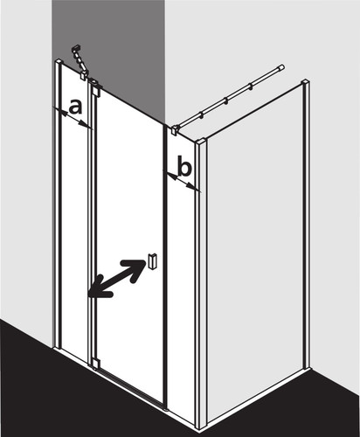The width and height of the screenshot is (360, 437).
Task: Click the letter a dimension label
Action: tap(76, 107)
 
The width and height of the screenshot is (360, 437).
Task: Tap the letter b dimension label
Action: tap(184, 167)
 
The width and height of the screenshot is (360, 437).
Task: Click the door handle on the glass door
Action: tap(153, 261)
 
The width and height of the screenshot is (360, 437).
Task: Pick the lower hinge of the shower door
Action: tap(95, 363)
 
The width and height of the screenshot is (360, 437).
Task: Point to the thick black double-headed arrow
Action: tap(117, 279)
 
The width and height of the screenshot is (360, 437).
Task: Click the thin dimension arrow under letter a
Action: tap(73, 118)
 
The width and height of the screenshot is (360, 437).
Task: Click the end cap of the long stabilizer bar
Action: tap(281, 67)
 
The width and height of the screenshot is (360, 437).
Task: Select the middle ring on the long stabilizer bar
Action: tap(225, 101)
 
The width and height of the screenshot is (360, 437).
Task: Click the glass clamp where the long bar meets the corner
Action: tap(176, 129)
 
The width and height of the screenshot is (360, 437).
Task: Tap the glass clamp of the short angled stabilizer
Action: tap(84, 74)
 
